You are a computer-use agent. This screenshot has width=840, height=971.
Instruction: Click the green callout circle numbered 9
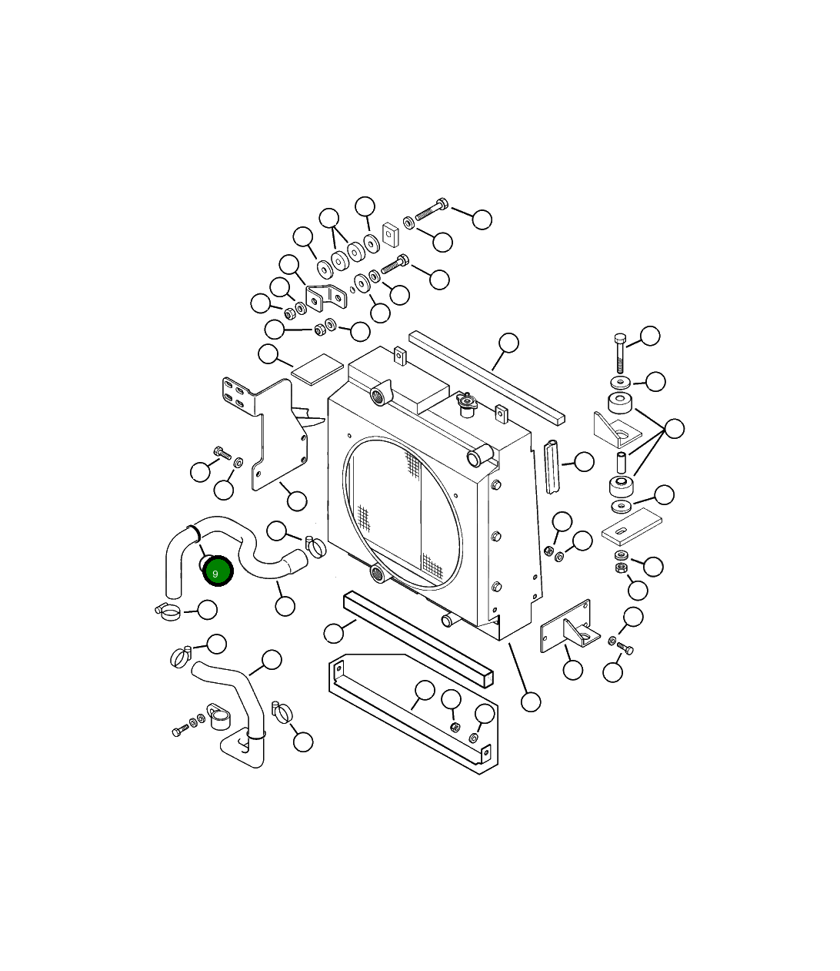[x=215, y=571]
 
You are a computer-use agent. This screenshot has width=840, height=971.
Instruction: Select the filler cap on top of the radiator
[x=465, y=402]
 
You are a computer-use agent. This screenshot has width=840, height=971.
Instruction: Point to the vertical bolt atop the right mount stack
[x=620, y=353]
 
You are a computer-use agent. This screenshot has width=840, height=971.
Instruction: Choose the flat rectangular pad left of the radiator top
[x=317, y=369]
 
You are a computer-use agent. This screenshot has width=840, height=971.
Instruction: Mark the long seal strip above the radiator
[x=486, y=377]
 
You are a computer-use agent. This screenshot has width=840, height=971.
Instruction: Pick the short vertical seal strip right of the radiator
[x=552, y=466]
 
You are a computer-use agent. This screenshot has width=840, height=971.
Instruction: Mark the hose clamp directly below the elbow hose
[x=168, y=611]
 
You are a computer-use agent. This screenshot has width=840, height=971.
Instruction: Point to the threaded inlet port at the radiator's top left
[x=379, y=397]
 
